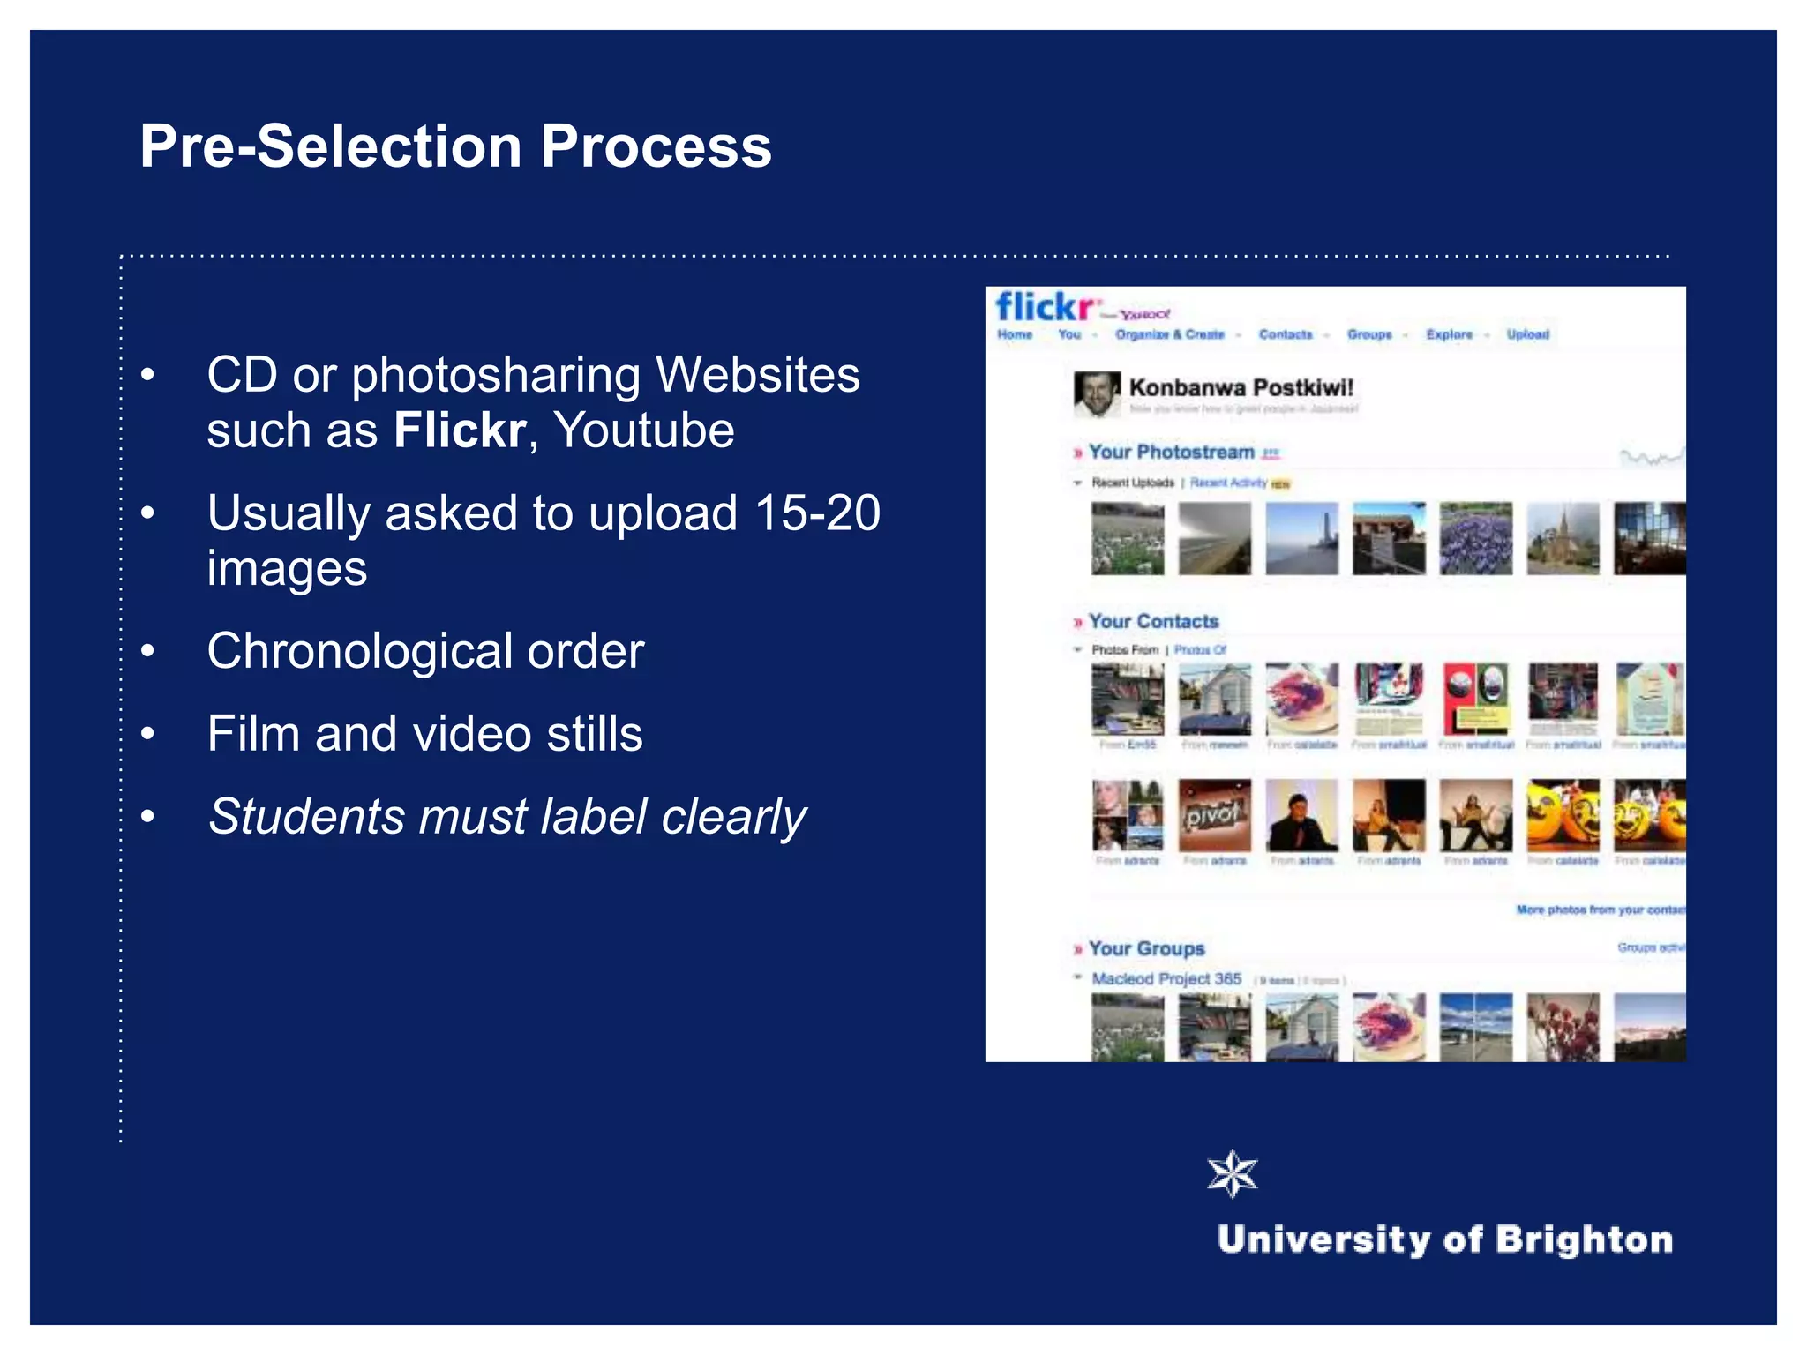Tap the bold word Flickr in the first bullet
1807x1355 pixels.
tap(460, 430)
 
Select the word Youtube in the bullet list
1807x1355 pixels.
tap(644, 430)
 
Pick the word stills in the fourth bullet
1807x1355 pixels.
tap(594, 734)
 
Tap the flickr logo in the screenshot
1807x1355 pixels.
tap(1044, 308)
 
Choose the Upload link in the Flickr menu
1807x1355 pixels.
tap(1527, 334)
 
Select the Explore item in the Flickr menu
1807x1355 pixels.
tap(1449, 334)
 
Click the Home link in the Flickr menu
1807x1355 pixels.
tap(1015, 334)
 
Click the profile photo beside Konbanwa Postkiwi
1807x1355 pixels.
tap(1096, 393)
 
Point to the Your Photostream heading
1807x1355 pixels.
tap(1171, 452)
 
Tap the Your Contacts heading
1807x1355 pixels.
tap(1153, 621)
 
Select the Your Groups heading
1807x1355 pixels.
tap(1146, 948)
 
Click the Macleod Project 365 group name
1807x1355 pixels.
tap(1166, 979)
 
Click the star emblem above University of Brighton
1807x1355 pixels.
tap(1232, 1174)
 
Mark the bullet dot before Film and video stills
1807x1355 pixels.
tap(147, 734)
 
